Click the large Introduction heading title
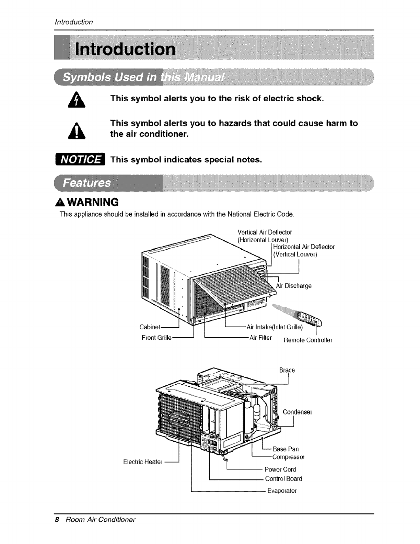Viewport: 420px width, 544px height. (125, 49)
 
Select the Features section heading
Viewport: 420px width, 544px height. (87, 182)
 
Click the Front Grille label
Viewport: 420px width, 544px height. (156, 337)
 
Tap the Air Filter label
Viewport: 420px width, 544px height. (260, 337)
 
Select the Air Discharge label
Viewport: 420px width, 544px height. (294, 286)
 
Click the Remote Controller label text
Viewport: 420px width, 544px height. (307, 340)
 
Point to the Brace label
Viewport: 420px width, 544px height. (287, 370)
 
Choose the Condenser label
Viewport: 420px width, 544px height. (297, 412)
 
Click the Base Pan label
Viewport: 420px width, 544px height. (286, 449)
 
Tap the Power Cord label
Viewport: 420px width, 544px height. (280, 469)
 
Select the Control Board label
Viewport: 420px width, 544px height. (283, 478)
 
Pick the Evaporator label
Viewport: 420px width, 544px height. (282, 490)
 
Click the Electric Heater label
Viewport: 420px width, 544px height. (142, 462)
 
